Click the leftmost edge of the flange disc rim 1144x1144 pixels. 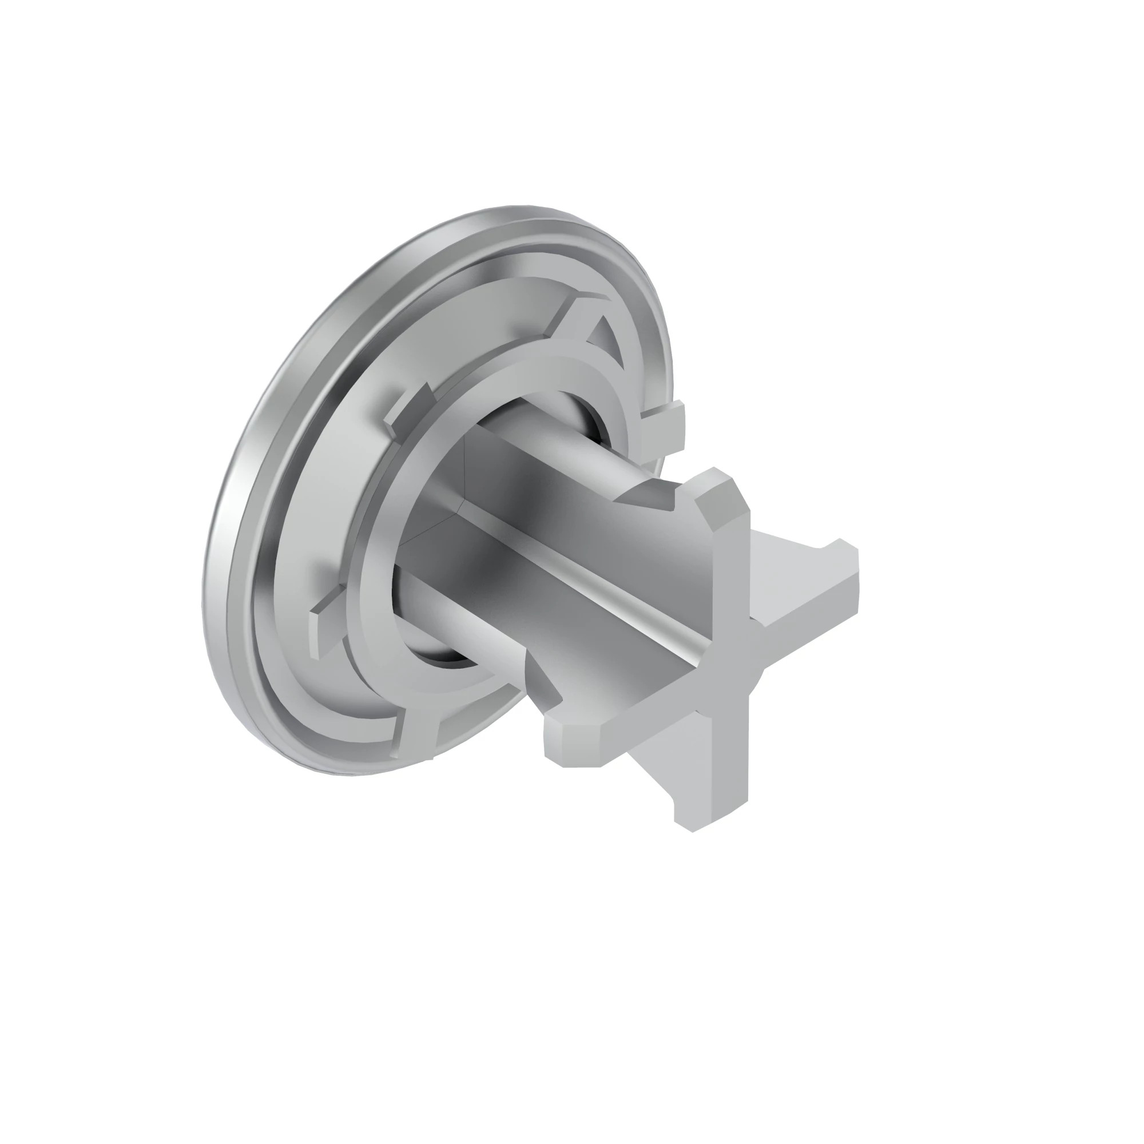click(204, 592)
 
